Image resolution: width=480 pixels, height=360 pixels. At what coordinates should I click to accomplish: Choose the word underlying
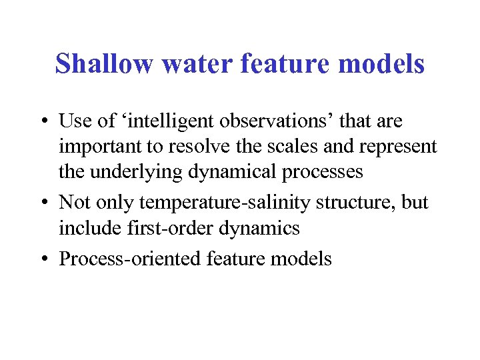pos(142,172)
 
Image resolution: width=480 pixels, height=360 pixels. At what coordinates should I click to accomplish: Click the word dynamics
pos(256,229)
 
